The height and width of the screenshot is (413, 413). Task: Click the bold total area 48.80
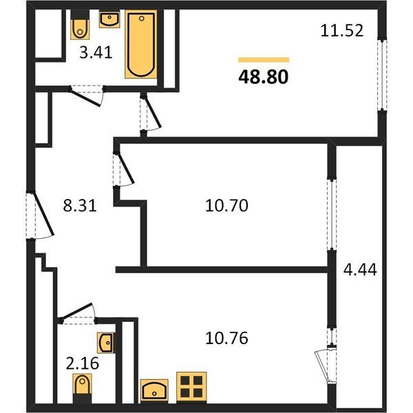[263, 77]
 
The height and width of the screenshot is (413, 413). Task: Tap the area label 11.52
[342, 30]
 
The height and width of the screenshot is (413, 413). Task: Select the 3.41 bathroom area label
[96, 52]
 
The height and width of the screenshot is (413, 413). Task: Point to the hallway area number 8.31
[80, 205]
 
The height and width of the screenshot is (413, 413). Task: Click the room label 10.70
[226, 205]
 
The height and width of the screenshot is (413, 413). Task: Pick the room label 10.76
[226, 338]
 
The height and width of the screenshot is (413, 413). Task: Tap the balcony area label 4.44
[360, 269]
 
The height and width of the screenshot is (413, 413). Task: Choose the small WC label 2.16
[83, 363]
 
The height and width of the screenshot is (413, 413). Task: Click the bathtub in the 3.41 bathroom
[141, 44]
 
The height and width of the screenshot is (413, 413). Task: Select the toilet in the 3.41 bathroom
[80, 25]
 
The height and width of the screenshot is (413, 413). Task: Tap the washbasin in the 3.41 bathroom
[109, 19]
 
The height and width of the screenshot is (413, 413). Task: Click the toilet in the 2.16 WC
[82, 388]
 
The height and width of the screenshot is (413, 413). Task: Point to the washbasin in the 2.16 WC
[105, 343]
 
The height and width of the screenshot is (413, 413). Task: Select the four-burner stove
[191, 387]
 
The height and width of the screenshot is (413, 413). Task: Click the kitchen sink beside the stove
[154, 390]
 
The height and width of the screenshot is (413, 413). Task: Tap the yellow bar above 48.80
[264, 60]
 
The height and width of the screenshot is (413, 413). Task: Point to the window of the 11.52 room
[382, 75]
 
